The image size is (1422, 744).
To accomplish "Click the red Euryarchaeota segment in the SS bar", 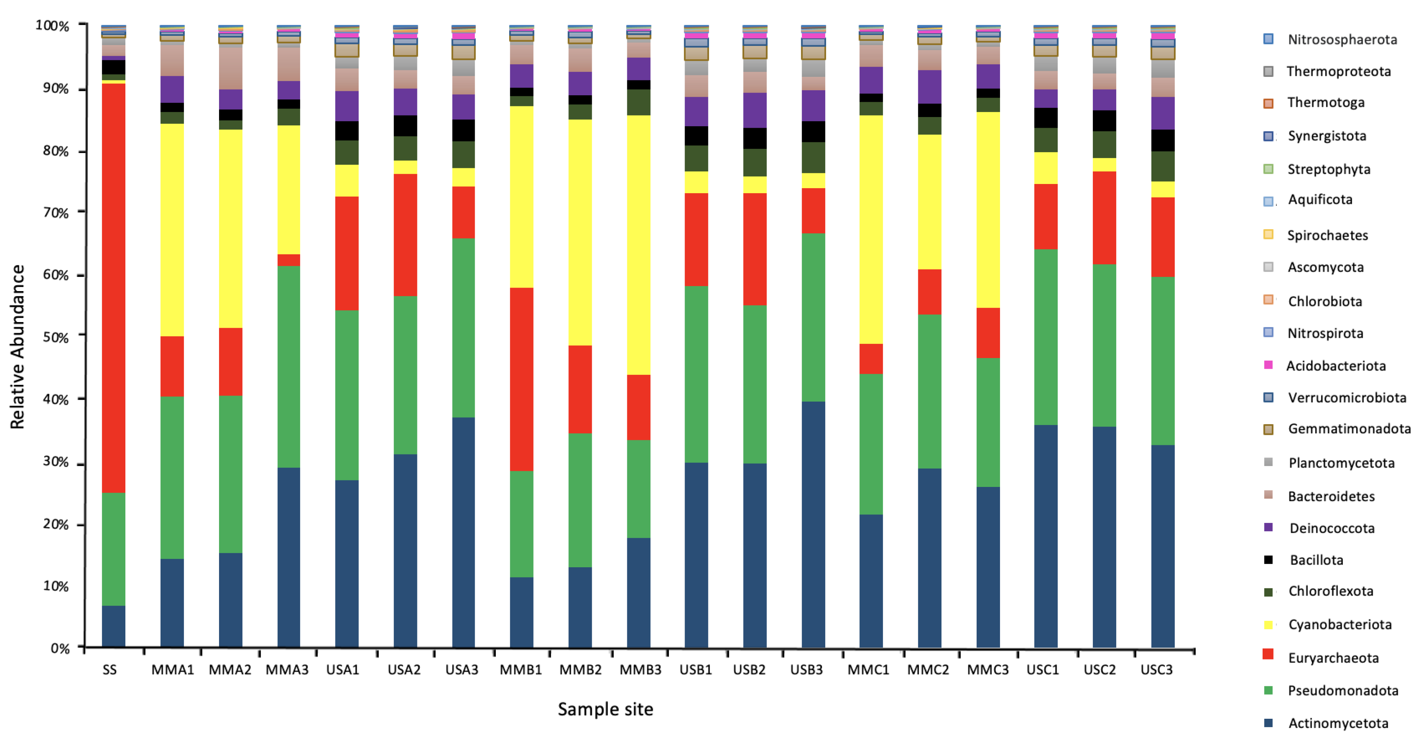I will (x=113, y=287).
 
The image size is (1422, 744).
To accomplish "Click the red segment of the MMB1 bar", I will (x=521, y=379).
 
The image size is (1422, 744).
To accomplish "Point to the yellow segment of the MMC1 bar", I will (x=871, y=229).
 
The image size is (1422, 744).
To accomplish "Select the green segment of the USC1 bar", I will (x=1045, y=337).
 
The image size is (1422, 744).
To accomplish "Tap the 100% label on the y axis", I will (x=52, y=26).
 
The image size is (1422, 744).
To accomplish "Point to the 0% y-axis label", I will (x=60, y=648).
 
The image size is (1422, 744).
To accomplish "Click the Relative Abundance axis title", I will (x=18, y=347).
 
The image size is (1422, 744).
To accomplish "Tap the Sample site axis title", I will (x=605, y=709).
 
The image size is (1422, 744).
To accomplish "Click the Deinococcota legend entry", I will (x=1331, y=528).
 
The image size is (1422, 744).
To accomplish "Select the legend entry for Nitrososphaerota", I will (x=1342, y=39).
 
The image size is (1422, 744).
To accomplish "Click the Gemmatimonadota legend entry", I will (x=1349, y=429).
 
